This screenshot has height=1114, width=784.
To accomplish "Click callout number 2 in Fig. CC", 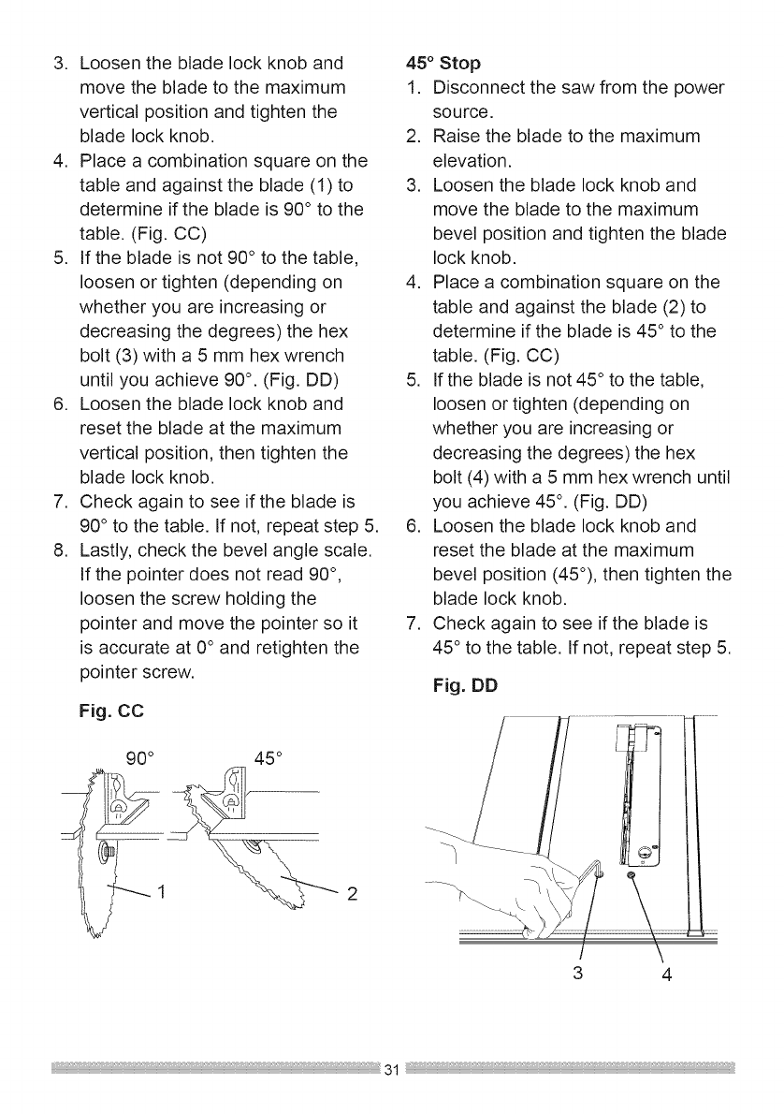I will click(x=352, y=890).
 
